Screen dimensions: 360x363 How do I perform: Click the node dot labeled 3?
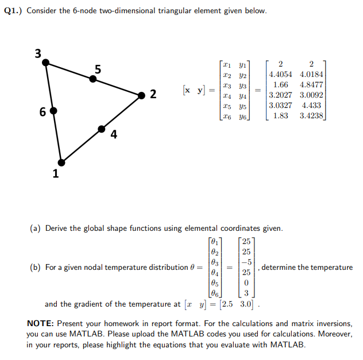(x=46, y=61)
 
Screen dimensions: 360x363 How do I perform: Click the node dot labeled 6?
(x=53, y=110)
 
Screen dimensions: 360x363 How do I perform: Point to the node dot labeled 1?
(x=61, y=161)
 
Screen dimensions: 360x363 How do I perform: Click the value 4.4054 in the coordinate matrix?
(x=281, y=75)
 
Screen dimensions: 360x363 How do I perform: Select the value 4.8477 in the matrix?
(x=311, y=85)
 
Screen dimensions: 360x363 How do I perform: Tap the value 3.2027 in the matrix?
(x=281, y=95)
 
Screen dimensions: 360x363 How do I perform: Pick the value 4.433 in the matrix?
(x=311, y=106)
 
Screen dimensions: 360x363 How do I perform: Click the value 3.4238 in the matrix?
(x=311, y=116)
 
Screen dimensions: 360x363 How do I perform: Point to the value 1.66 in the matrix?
(x=281, y=85)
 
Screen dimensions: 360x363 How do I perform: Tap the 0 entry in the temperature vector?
(x=246, y=282)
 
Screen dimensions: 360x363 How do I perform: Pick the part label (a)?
(x=34, y=228)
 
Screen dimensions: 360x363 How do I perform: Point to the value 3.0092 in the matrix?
(x=311, y=95)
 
